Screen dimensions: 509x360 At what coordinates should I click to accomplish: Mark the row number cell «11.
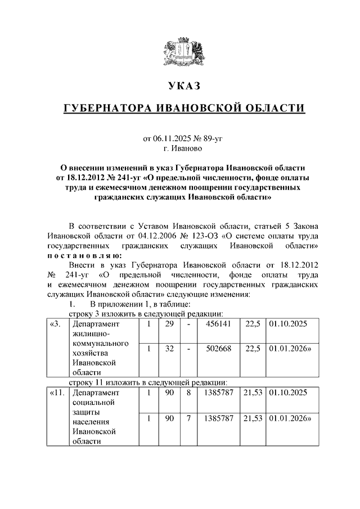[x=57, y=392]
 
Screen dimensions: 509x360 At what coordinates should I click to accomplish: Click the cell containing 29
[x=169, y=325]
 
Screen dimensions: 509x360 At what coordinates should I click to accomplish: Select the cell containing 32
[x=169, y=349]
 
